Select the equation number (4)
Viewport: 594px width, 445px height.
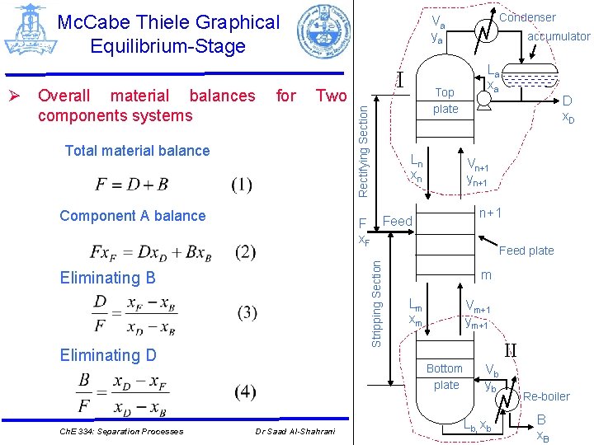click(245, 392)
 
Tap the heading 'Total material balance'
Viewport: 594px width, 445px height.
click(137, 151)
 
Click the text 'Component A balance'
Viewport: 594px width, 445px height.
click(133, 216)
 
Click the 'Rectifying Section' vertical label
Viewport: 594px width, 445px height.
click(363, 145)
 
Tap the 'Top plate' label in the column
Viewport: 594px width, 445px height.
click(445, 101)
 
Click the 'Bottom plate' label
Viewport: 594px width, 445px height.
click(445, 376)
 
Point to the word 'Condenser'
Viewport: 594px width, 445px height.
click(528, 17)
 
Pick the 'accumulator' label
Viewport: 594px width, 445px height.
click(559, 36)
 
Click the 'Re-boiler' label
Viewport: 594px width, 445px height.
click(546, 396)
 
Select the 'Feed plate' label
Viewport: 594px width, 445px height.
click(526, 251)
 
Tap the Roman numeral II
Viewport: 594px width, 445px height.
click(510, 349)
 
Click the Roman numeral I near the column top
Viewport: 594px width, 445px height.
click(398, 79)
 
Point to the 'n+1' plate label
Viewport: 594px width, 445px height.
click(492, 213)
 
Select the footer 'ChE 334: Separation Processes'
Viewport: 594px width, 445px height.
click(121, 431)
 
